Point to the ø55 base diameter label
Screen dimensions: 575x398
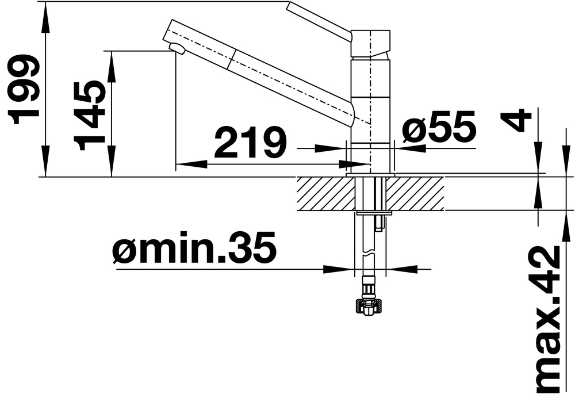(x=439, y=127)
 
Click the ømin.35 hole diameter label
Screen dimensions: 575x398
(x=194, y=247)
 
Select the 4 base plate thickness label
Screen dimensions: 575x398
(x=516, y=121)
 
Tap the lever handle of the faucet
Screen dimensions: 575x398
(x=319, y=21)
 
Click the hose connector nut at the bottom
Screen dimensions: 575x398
(x=369, y=306)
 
